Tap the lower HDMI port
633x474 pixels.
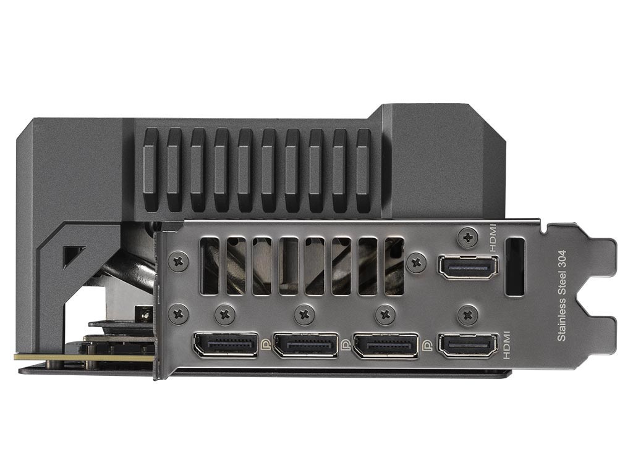pos(468,345)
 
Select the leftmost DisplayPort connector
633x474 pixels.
pos(226,344)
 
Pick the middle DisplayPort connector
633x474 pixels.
pos(305,344)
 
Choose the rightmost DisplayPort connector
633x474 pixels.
pos(386,344)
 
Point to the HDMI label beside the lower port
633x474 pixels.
pos(507,345)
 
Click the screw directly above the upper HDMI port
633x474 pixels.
pos(469,238)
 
